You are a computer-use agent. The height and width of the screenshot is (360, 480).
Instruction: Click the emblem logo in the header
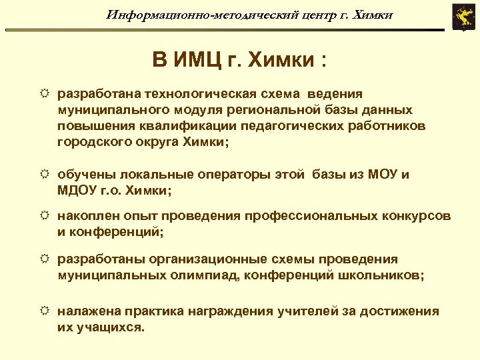click(461, 17)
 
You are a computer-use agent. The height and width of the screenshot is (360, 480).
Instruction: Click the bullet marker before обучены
click(45, 175)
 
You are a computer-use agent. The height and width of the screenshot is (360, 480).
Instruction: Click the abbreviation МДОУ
click(79, 191)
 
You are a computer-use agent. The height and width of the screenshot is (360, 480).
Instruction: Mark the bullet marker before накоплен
click(45, 217)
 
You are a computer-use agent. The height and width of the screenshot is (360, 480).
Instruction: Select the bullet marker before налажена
click(45, 311)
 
